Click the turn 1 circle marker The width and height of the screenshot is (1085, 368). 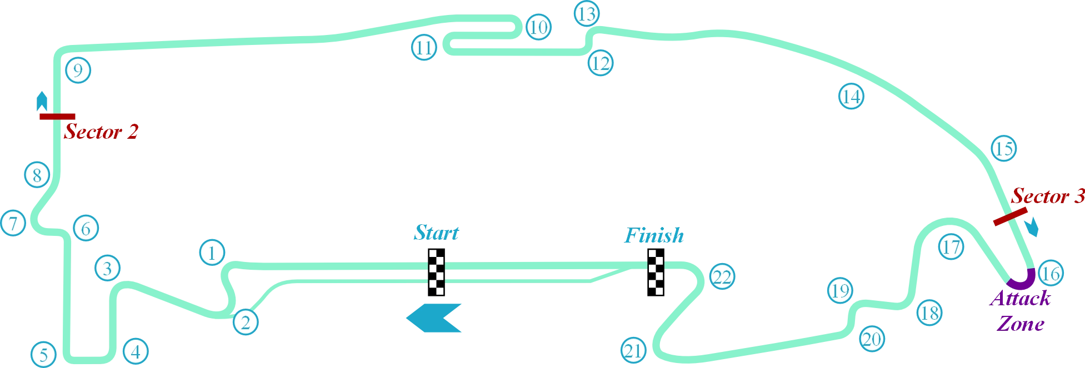[x=211, y=253]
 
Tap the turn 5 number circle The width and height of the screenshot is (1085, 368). [x=43, y=354]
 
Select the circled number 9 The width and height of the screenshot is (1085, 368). [x=78, y=70]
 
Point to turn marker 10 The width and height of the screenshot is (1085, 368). [x=538, y=27]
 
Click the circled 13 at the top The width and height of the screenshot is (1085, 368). [x=587, y=14]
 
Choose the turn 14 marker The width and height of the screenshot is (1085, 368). [x=851, y=97]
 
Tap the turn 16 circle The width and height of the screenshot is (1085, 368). [x=1050, y=273]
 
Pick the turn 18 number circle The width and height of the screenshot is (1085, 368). [x=929, y=312]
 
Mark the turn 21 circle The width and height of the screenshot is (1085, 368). [x=633, y=350]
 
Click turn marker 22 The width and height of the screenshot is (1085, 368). [x=722, y=276]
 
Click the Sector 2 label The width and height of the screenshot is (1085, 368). [x=101, y=132]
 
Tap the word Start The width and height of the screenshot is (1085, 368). [x=437, y=231]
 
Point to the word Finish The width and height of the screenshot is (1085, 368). [x=654, y=235]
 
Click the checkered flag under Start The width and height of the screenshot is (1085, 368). [x=438, y=271]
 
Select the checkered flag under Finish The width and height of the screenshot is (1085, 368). [x=656, y=271]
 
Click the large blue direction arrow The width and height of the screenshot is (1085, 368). [x=434, y=318]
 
